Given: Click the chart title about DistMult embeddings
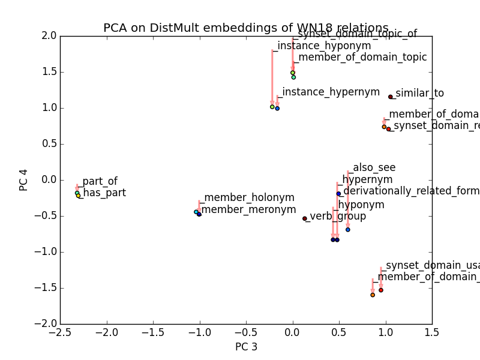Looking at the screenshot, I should [246, 28].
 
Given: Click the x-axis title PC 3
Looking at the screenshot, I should [246, 347].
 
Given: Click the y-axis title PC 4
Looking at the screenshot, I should [24, 180].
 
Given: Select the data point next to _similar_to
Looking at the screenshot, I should [391, 97].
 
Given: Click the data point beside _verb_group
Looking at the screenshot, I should [305, 218].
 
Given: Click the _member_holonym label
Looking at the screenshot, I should [247, 197].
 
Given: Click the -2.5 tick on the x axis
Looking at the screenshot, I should [60, 332].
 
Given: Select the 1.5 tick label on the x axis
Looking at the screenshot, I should [432, 332].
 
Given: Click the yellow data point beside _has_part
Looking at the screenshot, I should [78, 196].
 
